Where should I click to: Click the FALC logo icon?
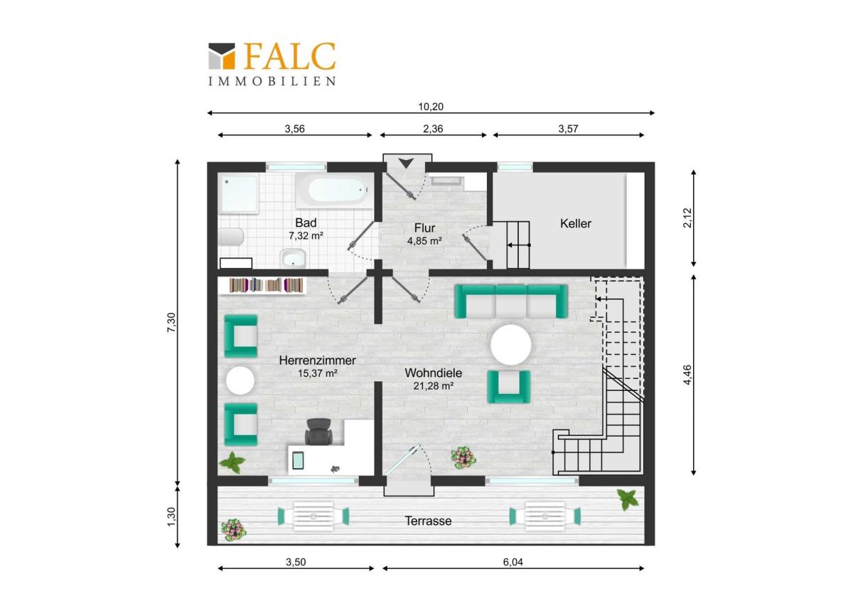click(x=222, y=55)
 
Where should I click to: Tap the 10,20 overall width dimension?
click(x=431, y=107)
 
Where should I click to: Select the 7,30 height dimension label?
click(x=172, y=323)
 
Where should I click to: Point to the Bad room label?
click(x=306, y=223)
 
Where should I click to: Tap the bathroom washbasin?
click(x=292, y=258)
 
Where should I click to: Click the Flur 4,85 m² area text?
click(x=424, y=241)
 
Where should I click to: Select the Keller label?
click(x=575, y=223)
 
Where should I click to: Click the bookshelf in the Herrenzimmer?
click(x=266, y=285)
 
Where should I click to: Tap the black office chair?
click(x=318, y=431)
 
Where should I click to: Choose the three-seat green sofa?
click(x=511, y=301)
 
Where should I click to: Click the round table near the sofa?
click(x=510, y=345)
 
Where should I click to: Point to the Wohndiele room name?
click(x=434, y=373)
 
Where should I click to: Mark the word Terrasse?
click(x=428, y=521)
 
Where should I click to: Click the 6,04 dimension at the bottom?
click(x=513, y=562)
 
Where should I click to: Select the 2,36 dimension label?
click(x=433, y=129)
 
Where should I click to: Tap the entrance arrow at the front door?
click(x=407, y=163)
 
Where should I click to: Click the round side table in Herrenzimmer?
click(x=240, y=380)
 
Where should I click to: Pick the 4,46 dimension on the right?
click(x=688, y=375)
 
